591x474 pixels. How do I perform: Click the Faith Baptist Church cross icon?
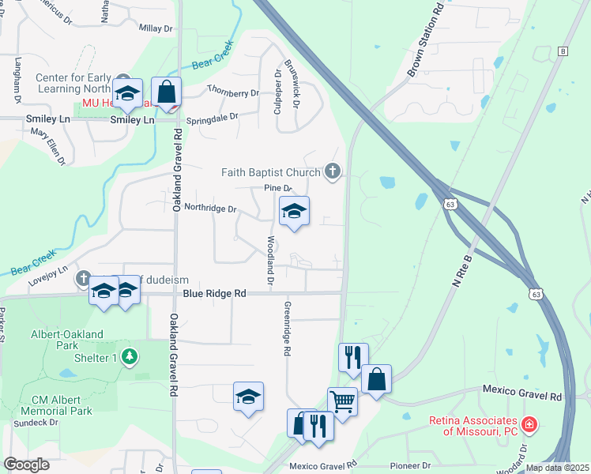333,171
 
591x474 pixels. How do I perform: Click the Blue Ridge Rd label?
214,293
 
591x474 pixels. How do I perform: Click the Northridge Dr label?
210,209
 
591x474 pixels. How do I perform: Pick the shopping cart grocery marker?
342,401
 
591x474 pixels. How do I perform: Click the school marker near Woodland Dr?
294,211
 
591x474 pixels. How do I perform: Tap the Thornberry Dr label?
232,92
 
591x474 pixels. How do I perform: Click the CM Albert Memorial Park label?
62,405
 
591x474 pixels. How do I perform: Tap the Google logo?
26,465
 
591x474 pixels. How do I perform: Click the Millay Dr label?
155,28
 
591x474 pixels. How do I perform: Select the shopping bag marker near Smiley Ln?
166,92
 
